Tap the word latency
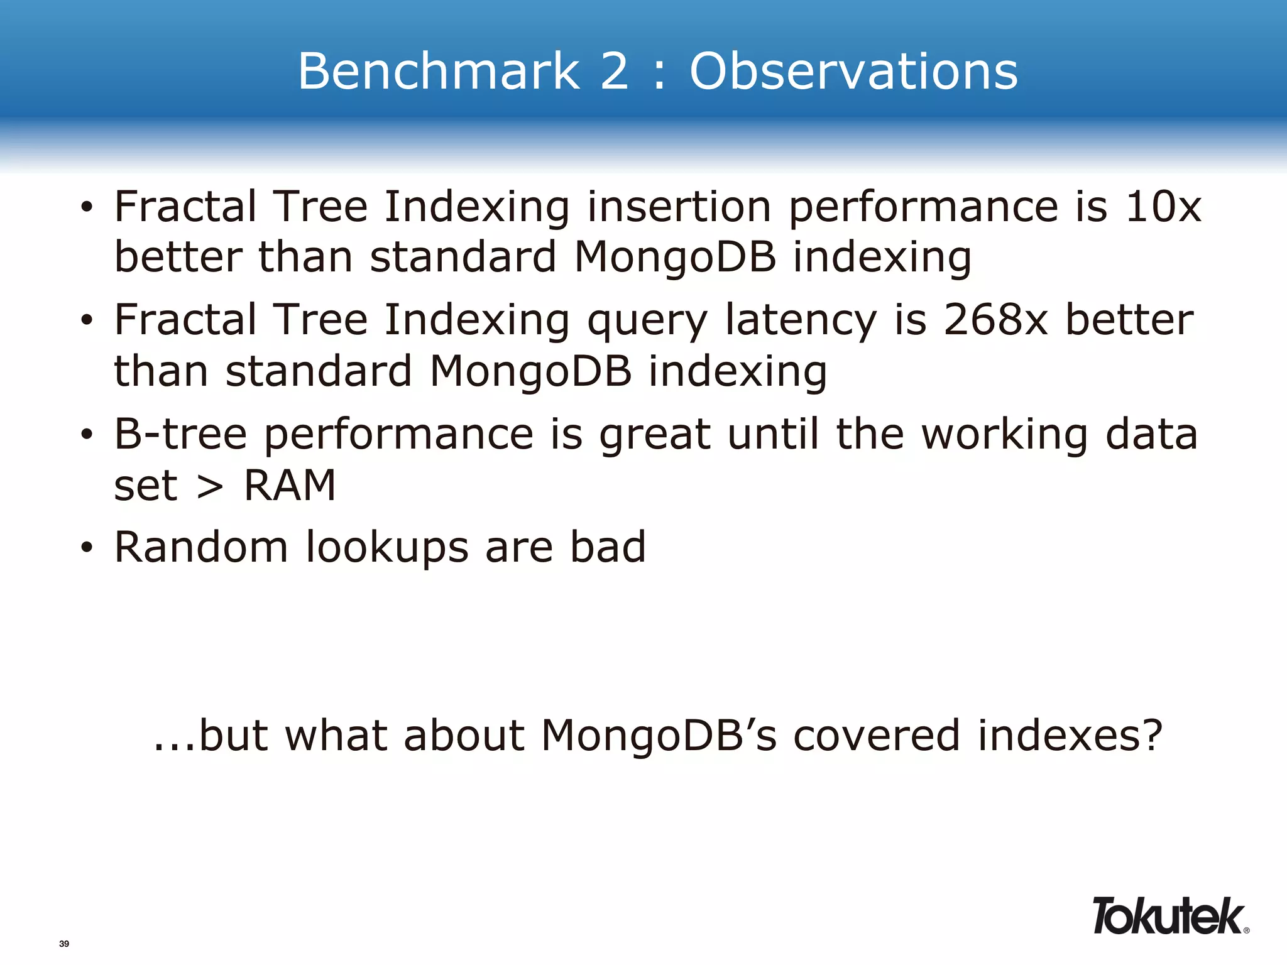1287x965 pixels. (801, 320)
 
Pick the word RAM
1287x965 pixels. (290, 485)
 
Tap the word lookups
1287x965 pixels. (387, 548)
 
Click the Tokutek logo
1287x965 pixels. (1169, 916)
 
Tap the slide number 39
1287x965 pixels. (64, 944)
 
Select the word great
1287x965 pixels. (655, 435)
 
